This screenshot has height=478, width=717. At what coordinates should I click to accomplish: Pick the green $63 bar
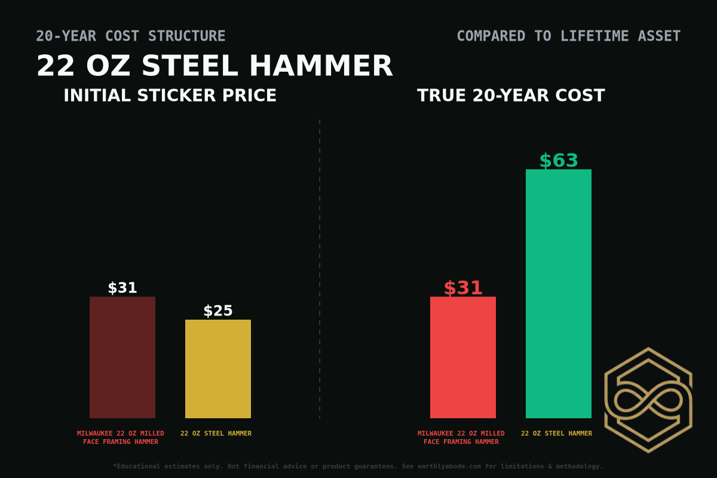click(559, 293)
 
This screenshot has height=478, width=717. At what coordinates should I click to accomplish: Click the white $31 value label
click(122, 288)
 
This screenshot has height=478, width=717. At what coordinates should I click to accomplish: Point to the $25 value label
click(218, 311)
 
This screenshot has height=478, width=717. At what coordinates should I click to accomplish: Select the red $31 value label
click(463, 288)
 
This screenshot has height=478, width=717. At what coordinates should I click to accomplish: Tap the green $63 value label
click(559, 161)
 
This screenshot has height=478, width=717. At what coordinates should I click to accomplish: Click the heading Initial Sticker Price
click(170, 96)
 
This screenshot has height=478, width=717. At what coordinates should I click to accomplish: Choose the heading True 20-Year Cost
click(511, 96)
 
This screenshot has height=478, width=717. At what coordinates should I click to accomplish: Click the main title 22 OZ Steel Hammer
click(215, 66)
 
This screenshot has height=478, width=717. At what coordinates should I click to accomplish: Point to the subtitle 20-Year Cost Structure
click(131, 36)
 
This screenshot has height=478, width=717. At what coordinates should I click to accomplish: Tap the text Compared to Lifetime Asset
click(568, 36)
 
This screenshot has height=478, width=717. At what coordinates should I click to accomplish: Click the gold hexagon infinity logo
click(648, 400)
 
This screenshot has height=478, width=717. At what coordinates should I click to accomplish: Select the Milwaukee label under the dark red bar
click(121, 437)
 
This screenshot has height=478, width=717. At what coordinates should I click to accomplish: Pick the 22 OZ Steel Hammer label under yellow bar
click(216, 433)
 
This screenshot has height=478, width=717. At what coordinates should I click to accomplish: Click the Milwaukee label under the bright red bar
click(461, 437)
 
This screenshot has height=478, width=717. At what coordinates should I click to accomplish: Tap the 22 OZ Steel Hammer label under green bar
click(556, 433)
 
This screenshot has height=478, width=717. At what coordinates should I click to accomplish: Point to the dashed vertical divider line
click(320, 269)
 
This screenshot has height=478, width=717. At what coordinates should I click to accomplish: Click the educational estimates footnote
click(358, 466)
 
